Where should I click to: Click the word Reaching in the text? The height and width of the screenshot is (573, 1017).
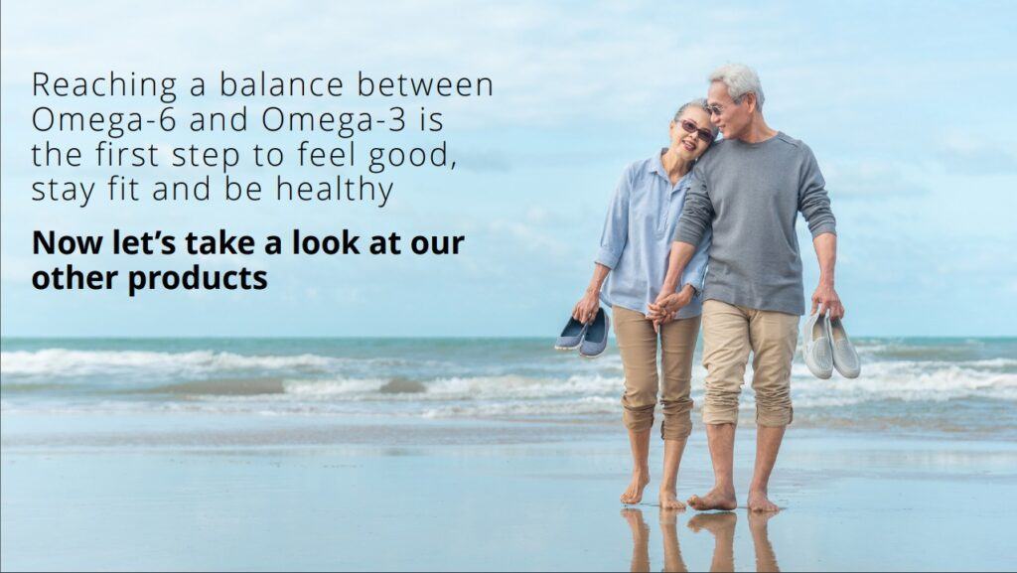point(103,86)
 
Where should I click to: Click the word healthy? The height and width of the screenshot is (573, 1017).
point(335,191)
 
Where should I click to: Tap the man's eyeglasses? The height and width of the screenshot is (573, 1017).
point(719,107)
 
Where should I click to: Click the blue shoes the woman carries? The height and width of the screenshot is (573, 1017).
point(582,333)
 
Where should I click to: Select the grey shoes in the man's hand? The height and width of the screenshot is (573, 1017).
point(831,346)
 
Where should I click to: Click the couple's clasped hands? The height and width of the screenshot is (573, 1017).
point(664,308)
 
